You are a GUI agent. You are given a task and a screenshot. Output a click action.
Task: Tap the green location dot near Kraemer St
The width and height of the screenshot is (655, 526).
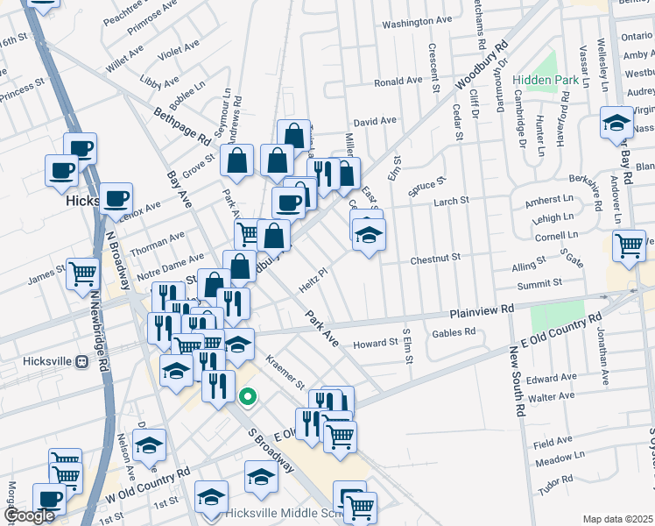[x=248, y=396]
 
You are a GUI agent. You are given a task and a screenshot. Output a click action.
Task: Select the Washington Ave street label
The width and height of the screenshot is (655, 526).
[x=416, y=20]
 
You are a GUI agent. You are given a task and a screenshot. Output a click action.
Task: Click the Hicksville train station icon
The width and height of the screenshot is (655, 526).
[x=82, y=360]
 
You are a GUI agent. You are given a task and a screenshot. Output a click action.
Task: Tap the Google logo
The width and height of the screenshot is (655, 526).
[x=29, y=516]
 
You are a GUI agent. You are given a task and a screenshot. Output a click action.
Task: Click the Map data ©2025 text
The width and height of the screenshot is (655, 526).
[x=617, y=519]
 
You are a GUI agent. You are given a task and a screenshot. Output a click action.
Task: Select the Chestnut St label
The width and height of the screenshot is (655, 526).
[x=435, y=259]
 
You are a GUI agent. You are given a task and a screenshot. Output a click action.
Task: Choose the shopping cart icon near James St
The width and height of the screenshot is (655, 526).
[x=82, y=274]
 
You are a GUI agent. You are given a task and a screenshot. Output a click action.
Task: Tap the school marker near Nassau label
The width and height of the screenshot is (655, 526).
[x=616, y=123]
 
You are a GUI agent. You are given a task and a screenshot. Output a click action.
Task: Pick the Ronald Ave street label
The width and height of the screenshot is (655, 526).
[x=398, y=82]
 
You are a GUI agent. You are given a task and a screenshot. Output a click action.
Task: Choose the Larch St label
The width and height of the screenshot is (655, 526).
[x=452, y=201]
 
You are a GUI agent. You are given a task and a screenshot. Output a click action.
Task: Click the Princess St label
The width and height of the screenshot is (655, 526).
[x=22, y=89]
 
